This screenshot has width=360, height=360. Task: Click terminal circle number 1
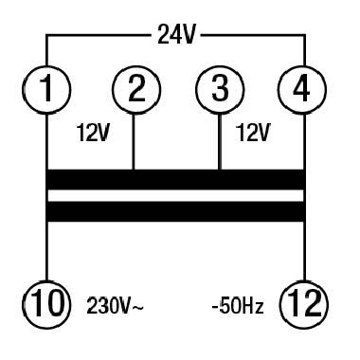coord(45,91)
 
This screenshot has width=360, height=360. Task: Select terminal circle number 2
coord(134,91)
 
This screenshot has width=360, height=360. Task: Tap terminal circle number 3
coord(218,91)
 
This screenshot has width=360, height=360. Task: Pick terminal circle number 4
coord(304,91)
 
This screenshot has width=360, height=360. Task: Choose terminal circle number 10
coord(45,305)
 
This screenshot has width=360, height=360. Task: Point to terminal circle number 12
coord(304,305)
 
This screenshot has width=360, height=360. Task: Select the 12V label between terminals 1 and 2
coord(93,134)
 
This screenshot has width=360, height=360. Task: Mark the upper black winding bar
coord(175,179)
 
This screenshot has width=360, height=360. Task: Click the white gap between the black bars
coord(175,195)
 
